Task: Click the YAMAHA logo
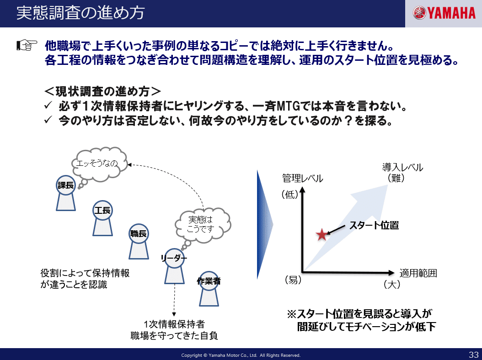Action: tap(444, 13)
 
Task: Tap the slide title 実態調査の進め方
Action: tap(80, 13)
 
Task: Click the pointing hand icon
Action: tap(27, 45)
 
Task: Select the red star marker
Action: tap(322, 235)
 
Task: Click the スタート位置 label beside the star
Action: tap(374, 225)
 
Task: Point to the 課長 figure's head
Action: tap(66, 185)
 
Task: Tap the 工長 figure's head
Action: tap(102, 211)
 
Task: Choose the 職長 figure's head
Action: tap(138, 234)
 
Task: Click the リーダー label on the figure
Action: tap(174, 258)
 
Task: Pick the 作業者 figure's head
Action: tap(209, 281)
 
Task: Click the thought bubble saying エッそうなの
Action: tap(99, 164)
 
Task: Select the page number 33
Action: tap(474, 354)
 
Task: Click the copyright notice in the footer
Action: tap(241, 355)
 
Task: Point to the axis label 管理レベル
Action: tap(302, 179)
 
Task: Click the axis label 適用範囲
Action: tap(418, 273)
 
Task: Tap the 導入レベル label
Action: tap(402, 167)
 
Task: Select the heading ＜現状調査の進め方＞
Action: tap(103, 91)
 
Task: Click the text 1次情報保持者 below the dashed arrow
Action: tap(174, 324)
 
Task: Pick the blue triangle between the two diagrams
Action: tap(264, 225)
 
